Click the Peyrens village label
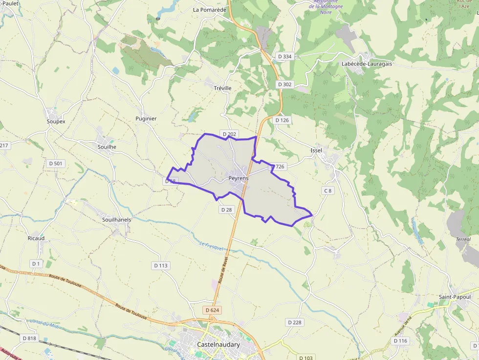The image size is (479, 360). coord(239,178)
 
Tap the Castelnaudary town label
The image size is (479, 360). coord(218,344)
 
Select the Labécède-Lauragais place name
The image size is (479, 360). coord(367,64)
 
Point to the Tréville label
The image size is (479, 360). coord(223,88)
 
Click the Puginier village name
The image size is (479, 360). coord(146,119)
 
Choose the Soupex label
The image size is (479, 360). coord(56,121)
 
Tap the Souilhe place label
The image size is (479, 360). coord(107,147)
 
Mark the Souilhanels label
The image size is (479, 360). coord(116,220)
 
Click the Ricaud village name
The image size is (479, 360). coord(36,238)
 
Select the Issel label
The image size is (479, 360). coord(316,150)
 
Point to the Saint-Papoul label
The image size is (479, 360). coord(455,297)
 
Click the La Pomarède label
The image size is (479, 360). coord(210,9)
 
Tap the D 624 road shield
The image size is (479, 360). coord(213,310)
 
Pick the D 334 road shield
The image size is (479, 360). coord(284,57)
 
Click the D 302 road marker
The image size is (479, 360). coord(284,85)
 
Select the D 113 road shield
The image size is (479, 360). coord(161,266)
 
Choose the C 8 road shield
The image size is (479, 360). coord(327,191)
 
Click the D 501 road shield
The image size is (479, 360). coord(56,163)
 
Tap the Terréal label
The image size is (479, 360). coord(463,239)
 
